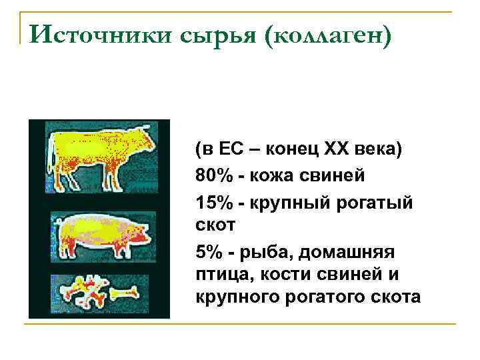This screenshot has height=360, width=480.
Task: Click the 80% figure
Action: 215,175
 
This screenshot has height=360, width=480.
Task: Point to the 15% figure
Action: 215,201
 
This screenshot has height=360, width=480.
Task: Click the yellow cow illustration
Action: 100,150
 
